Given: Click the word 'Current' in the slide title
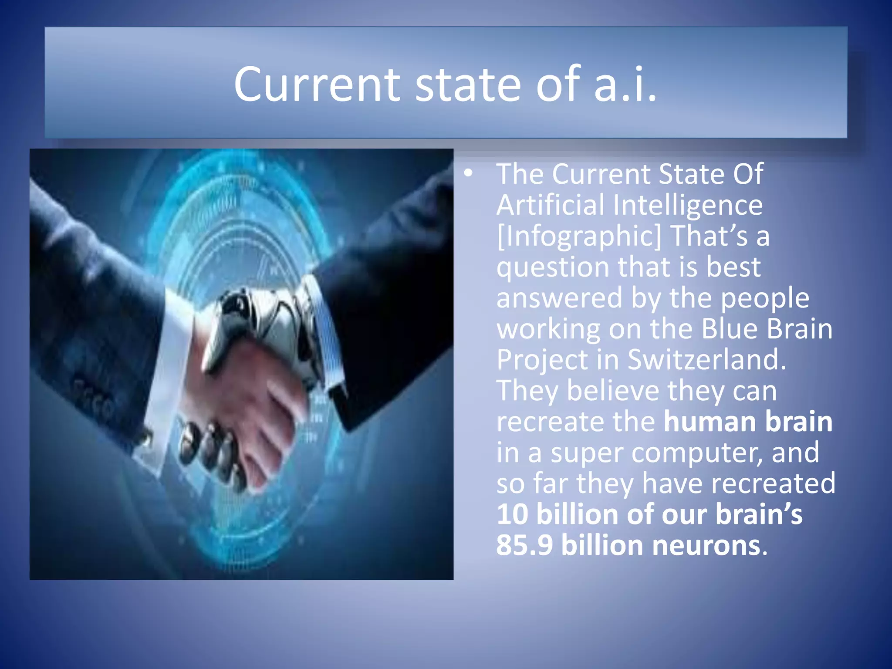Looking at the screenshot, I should tap(317, 84).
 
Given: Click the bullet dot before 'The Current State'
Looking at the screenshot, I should tap(468, 173).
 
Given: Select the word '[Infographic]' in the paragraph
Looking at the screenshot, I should tap(578, 236).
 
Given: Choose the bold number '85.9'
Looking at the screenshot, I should tap(524, 545).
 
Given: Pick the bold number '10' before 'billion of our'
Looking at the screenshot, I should tap(512, 514).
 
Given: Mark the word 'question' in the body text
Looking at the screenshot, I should tap(552, 268).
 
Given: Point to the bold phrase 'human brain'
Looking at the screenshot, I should tap(747, 422).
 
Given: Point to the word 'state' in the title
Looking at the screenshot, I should tap(467, 84).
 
